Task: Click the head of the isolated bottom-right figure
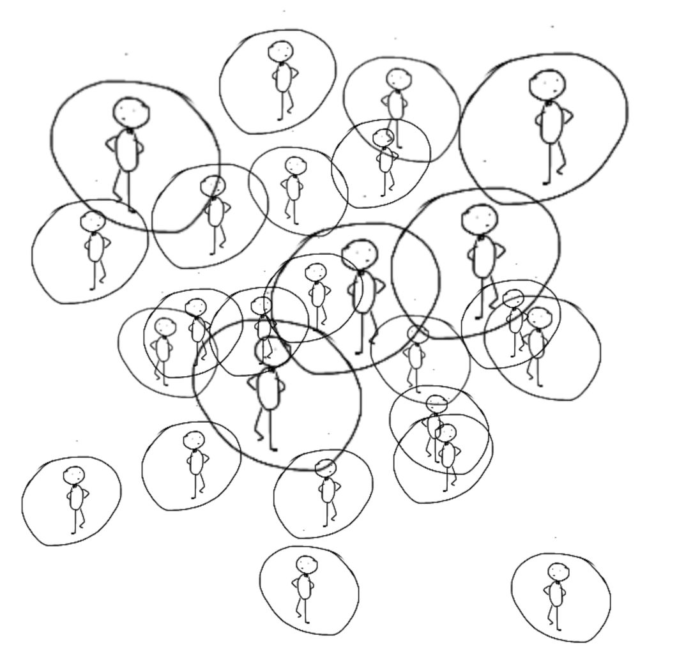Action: [x=557, y=572]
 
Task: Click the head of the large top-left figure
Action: [x=131, y=112]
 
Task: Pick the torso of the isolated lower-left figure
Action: [x=76, y=498]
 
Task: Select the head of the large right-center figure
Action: [x=480, y=219]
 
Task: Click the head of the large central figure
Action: [x=360, y=254]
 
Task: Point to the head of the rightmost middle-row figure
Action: [x=538, y=317]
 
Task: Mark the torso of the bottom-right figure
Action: [x=556, y=594]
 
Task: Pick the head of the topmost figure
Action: [x=280, y=51]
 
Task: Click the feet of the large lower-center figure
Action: [x=268, y=444]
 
